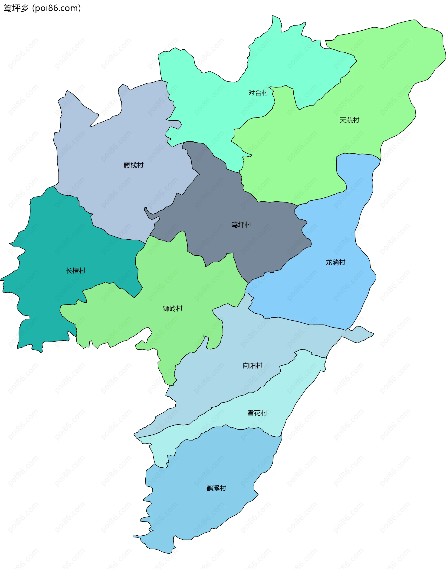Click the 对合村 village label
pos(258,93)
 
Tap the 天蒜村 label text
pos(349,120)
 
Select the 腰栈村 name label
pos(133,165)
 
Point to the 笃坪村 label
pos(241,225)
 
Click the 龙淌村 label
pos(335,262)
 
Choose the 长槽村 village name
pos(75,270)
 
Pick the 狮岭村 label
pos(172,309)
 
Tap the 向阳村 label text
pos(252,365)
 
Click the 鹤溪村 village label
pos(216,488)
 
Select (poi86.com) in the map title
pos(56,8)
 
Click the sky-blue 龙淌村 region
pos(339,292)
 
